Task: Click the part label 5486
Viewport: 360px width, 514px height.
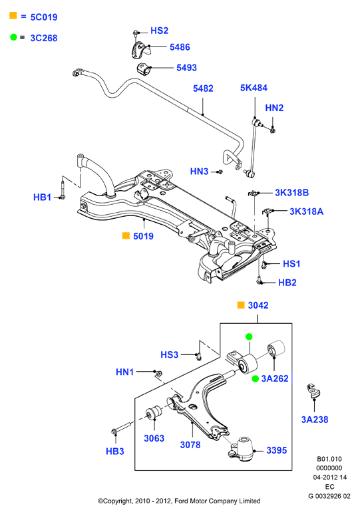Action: (x=180, y=47)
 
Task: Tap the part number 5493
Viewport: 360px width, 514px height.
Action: (x=187, y=68)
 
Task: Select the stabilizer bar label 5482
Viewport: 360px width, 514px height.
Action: (x=203, y=88)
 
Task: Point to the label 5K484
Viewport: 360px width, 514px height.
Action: (x=254, y=88)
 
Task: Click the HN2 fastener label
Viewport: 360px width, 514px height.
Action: (x=274, y=108)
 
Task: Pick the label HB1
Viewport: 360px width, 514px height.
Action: (x=43, y=197)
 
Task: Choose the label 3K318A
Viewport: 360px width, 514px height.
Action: (x=307, y=211)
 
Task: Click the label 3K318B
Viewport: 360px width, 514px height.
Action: (x=292, y=193)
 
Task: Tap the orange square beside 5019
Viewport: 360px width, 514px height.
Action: (x=126, y=235)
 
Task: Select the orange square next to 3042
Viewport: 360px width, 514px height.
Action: (x=241, y=305)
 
